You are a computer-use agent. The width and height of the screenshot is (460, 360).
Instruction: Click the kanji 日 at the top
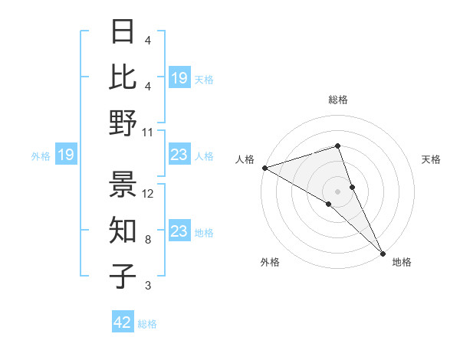click(x=123, y=32)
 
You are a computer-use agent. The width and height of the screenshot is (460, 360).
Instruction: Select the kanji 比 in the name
click(x=123, y=77)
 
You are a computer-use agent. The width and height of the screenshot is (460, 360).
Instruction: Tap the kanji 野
click(x=123, y=123)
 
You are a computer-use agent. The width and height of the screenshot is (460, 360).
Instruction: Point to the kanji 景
click(x=123, y=183)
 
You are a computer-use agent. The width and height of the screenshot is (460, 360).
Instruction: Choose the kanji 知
click(x=123, y=230)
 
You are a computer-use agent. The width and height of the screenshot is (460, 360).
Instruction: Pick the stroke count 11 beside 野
click(x=148, y=132)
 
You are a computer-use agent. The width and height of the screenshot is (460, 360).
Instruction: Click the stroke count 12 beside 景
click(x=148, y=194)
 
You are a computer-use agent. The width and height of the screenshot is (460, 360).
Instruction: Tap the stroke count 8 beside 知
click(x=148, y=240)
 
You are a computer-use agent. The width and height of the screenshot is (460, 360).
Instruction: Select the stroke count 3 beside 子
click(x=148, y=286)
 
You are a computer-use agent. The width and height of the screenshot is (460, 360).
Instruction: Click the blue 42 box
click(x=123, y=322)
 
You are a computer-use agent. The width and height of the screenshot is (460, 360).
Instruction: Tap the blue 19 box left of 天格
click(x=179, y=77)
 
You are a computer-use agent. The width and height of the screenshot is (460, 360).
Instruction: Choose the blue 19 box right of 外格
click(x=66, y=155)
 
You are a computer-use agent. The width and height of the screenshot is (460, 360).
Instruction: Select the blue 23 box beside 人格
click(x=179, y=155)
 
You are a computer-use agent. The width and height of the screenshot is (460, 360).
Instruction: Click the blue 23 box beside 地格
click(x=179, y=231)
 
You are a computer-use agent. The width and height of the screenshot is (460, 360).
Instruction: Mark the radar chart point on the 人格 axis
click(x=264, y=167)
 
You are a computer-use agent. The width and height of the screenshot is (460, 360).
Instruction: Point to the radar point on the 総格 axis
click(x=337, y=146)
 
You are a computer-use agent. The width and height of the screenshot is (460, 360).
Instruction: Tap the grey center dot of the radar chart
click(x=337, y=190)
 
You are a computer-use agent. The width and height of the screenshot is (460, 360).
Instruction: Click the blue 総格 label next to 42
click(x=147, y=323)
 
